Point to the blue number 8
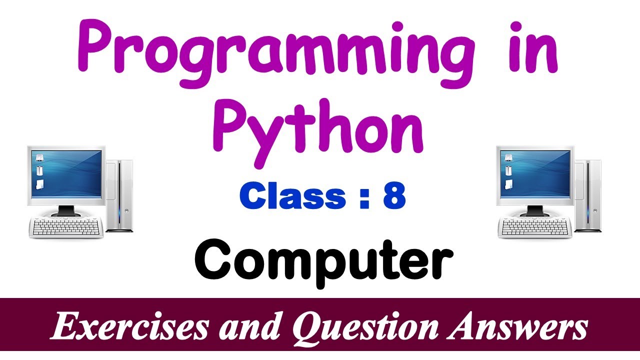click(x=394, y=196)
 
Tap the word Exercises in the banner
click(x=128, y=328)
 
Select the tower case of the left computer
click(x=120, y=195)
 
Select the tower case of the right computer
click(x=588, y=195)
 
